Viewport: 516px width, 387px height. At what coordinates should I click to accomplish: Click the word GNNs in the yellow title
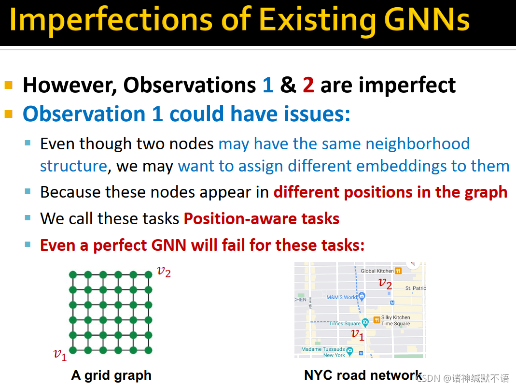pos(427,20)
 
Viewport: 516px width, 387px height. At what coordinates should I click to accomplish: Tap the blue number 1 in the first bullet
pos(268,85)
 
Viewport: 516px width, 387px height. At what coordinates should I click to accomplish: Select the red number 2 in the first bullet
pos(308,85)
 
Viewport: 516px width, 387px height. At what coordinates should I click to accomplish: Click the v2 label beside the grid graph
pos(164,272)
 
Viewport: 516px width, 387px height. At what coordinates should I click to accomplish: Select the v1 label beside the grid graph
pos(60,355)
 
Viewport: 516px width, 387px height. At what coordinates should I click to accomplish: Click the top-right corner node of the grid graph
pos(148,274)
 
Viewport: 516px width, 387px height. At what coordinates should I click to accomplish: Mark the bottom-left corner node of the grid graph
pos(73,350)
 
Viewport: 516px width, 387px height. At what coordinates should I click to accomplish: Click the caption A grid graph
pos(111,375)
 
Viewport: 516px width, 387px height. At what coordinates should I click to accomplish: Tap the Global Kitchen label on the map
pos(377,271)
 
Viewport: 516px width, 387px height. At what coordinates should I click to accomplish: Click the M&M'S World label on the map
pos(342,297)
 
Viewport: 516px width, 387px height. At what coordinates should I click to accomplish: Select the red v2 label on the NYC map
pos(385,283)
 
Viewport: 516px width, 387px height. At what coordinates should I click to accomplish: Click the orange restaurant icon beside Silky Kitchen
pos(377,320)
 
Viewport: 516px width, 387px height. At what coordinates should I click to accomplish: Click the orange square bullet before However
pos(9,85)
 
